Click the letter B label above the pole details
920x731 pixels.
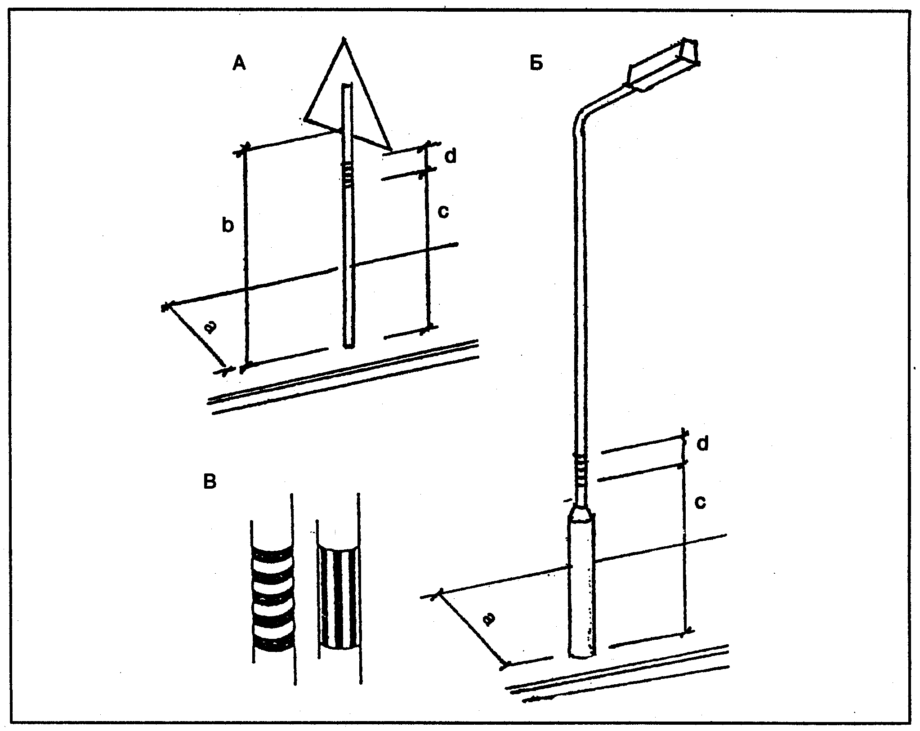tap(210, 482)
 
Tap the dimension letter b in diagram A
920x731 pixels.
tap(228, 226)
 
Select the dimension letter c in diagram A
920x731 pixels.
tap(443, 211)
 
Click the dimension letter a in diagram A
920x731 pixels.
tap(210, 327)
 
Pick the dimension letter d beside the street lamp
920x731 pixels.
tap(703, 443)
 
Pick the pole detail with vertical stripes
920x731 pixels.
tap(338, 597)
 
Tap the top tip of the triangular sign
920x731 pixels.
tap(344, 39)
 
